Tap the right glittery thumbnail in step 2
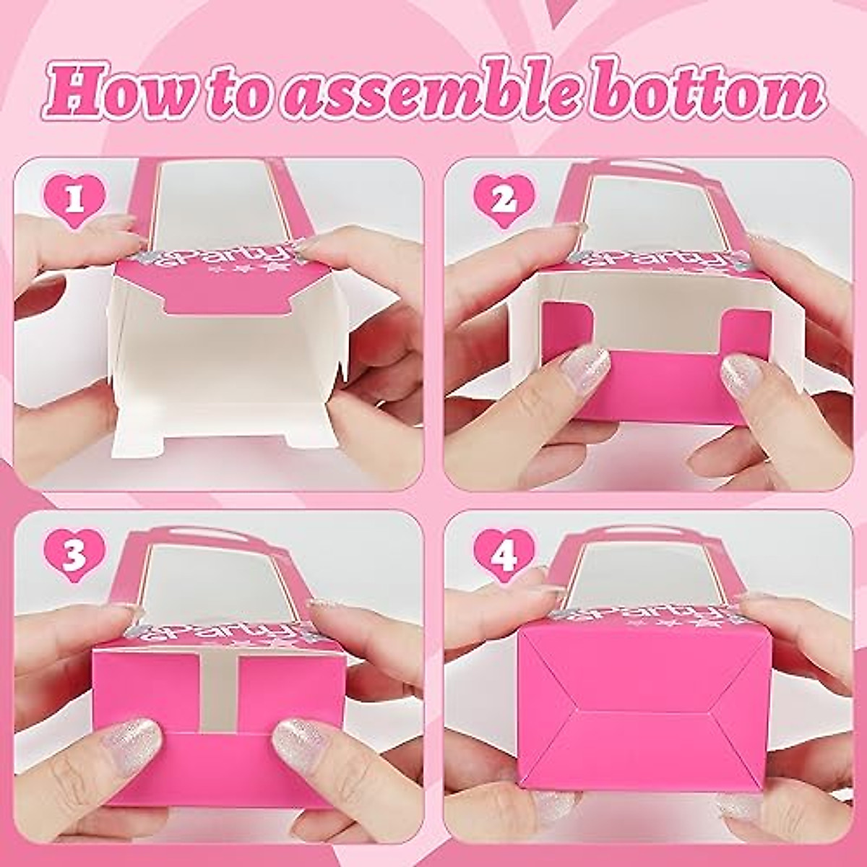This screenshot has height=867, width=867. tap(744, 371)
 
